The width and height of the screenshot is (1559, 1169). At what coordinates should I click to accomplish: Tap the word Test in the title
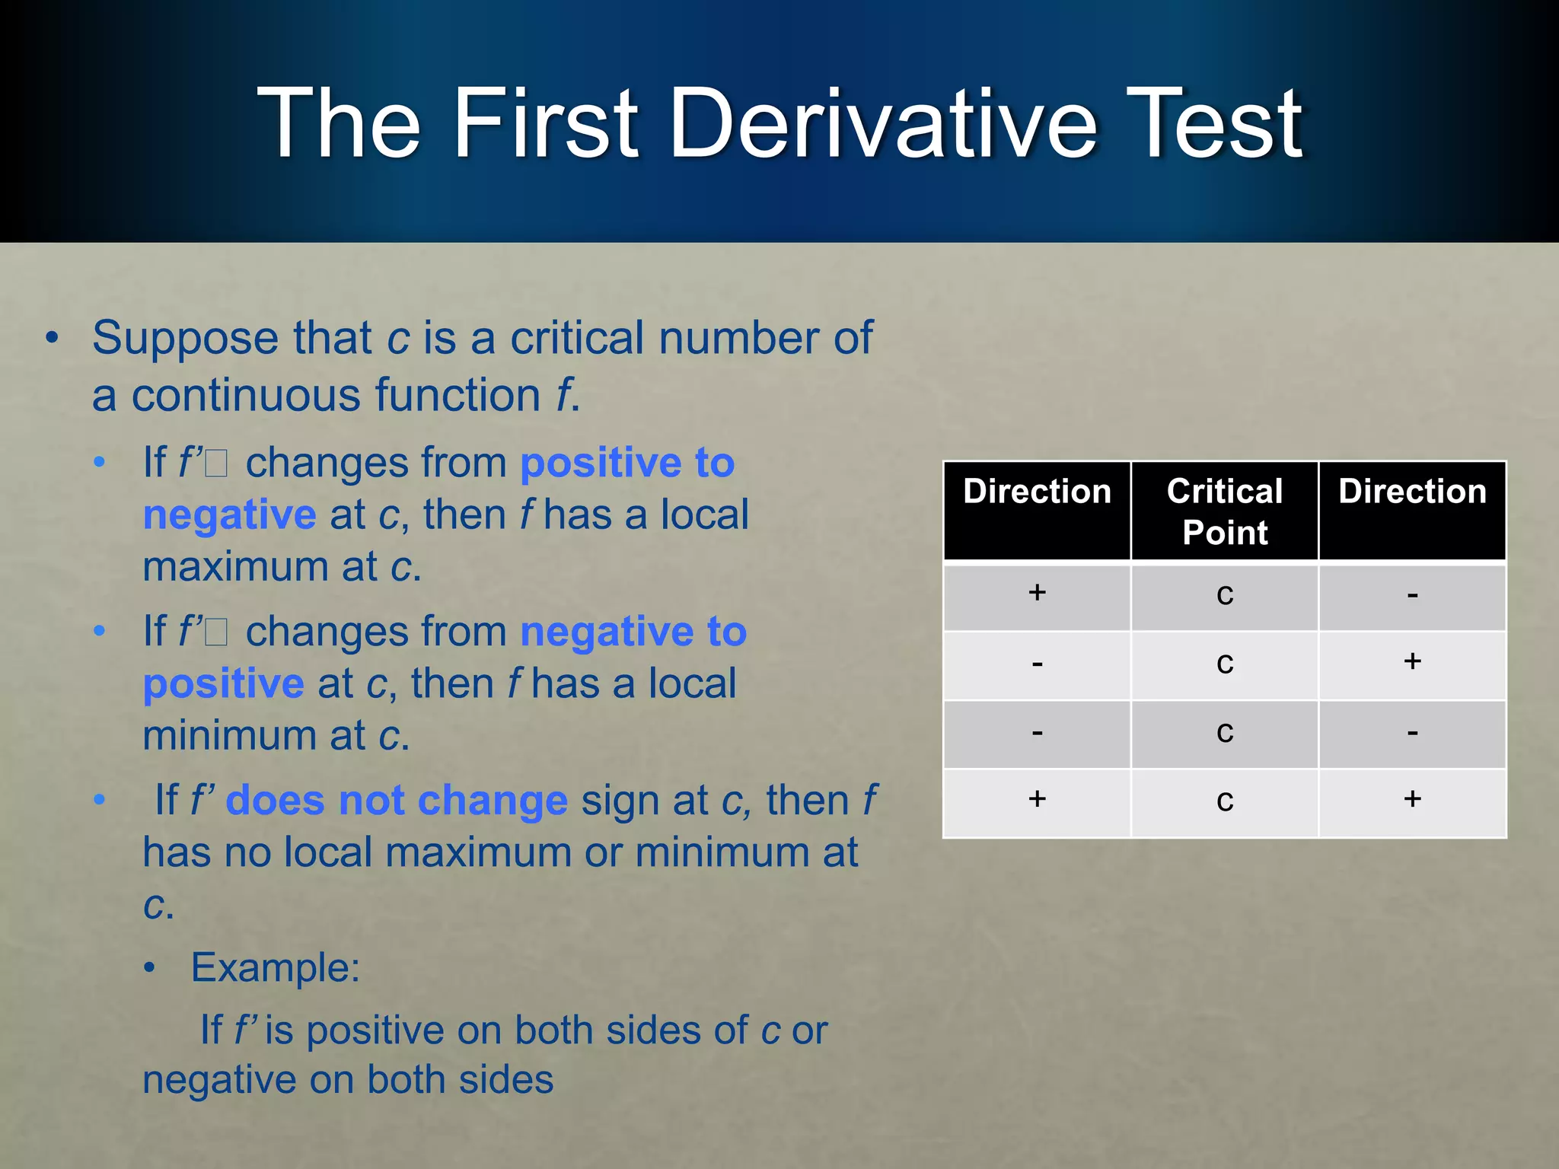(1213, 123)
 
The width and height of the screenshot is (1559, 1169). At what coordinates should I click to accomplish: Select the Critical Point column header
(1224, 511)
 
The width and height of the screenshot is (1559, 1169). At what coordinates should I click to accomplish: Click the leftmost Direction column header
(1037, 492)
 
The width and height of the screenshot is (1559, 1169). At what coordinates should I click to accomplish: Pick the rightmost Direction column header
(1412, 492)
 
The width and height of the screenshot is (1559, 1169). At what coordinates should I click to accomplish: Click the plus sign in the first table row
(1037, 592)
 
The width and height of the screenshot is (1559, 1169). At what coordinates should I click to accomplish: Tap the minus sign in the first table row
(1412, 595)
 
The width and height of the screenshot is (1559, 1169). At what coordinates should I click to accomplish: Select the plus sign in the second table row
(1412, 661)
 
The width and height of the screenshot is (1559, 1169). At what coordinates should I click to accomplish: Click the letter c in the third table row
(1224, 732)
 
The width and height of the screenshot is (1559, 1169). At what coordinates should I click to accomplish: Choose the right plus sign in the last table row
(1412, 798)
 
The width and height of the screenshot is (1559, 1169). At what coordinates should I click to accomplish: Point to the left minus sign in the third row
(1037, 733)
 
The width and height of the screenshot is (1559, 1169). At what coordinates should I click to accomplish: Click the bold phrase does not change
(397, 801)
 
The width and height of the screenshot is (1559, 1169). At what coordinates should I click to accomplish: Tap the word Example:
(275, 968)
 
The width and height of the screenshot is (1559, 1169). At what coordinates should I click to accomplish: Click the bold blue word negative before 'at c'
(229, 515)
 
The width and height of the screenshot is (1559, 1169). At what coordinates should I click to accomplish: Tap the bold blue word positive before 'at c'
(223, 684)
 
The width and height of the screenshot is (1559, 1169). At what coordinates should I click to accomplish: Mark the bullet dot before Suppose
(51, 338)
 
